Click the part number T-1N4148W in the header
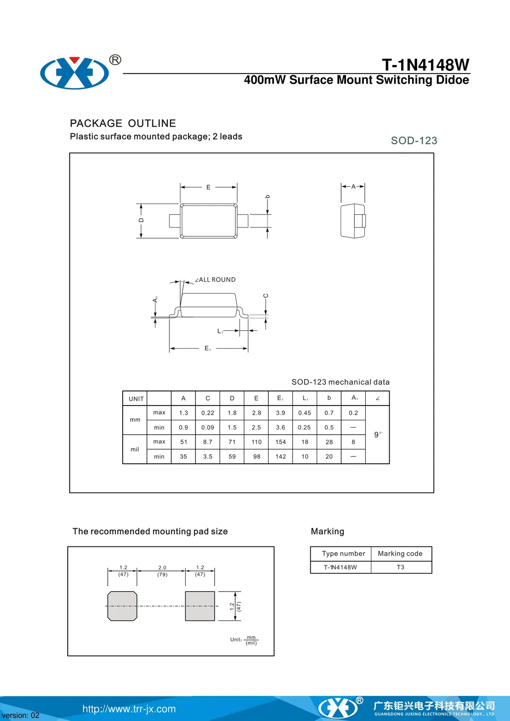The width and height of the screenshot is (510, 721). [x=425, y=65]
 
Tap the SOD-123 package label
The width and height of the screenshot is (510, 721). [x=414, y=140]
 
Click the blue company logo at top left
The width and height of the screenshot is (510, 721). [x=75, y=73]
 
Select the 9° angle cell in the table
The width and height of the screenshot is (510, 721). [x=378, y=434]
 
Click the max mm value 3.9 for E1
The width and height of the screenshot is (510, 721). [x=280, y=413]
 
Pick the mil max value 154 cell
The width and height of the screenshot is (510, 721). [x=280, y=442]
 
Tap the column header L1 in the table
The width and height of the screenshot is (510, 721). [x=305, y=398]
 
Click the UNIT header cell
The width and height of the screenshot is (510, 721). [x=136, y=399]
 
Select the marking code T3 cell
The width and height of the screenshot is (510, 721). [x=400, y=567]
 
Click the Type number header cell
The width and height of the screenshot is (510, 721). [x=343, y=554]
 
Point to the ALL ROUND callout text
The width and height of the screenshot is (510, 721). [x=217, y=279]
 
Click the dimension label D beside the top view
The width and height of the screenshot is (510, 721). [x=141, y=220]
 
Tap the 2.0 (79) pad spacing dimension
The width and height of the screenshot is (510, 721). [x=162, y=571]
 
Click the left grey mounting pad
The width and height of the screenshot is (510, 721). [x=122, y=606]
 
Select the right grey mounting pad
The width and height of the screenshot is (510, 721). [x=200, y=606]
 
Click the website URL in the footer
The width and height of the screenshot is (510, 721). [x=129, y=708]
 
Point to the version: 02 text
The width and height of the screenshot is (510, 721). [x=21, y=715]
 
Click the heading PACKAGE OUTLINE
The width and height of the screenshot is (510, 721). [x=123, y=123]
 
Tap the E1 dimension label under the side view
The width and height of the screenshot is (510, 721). [x=207, y=348]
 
